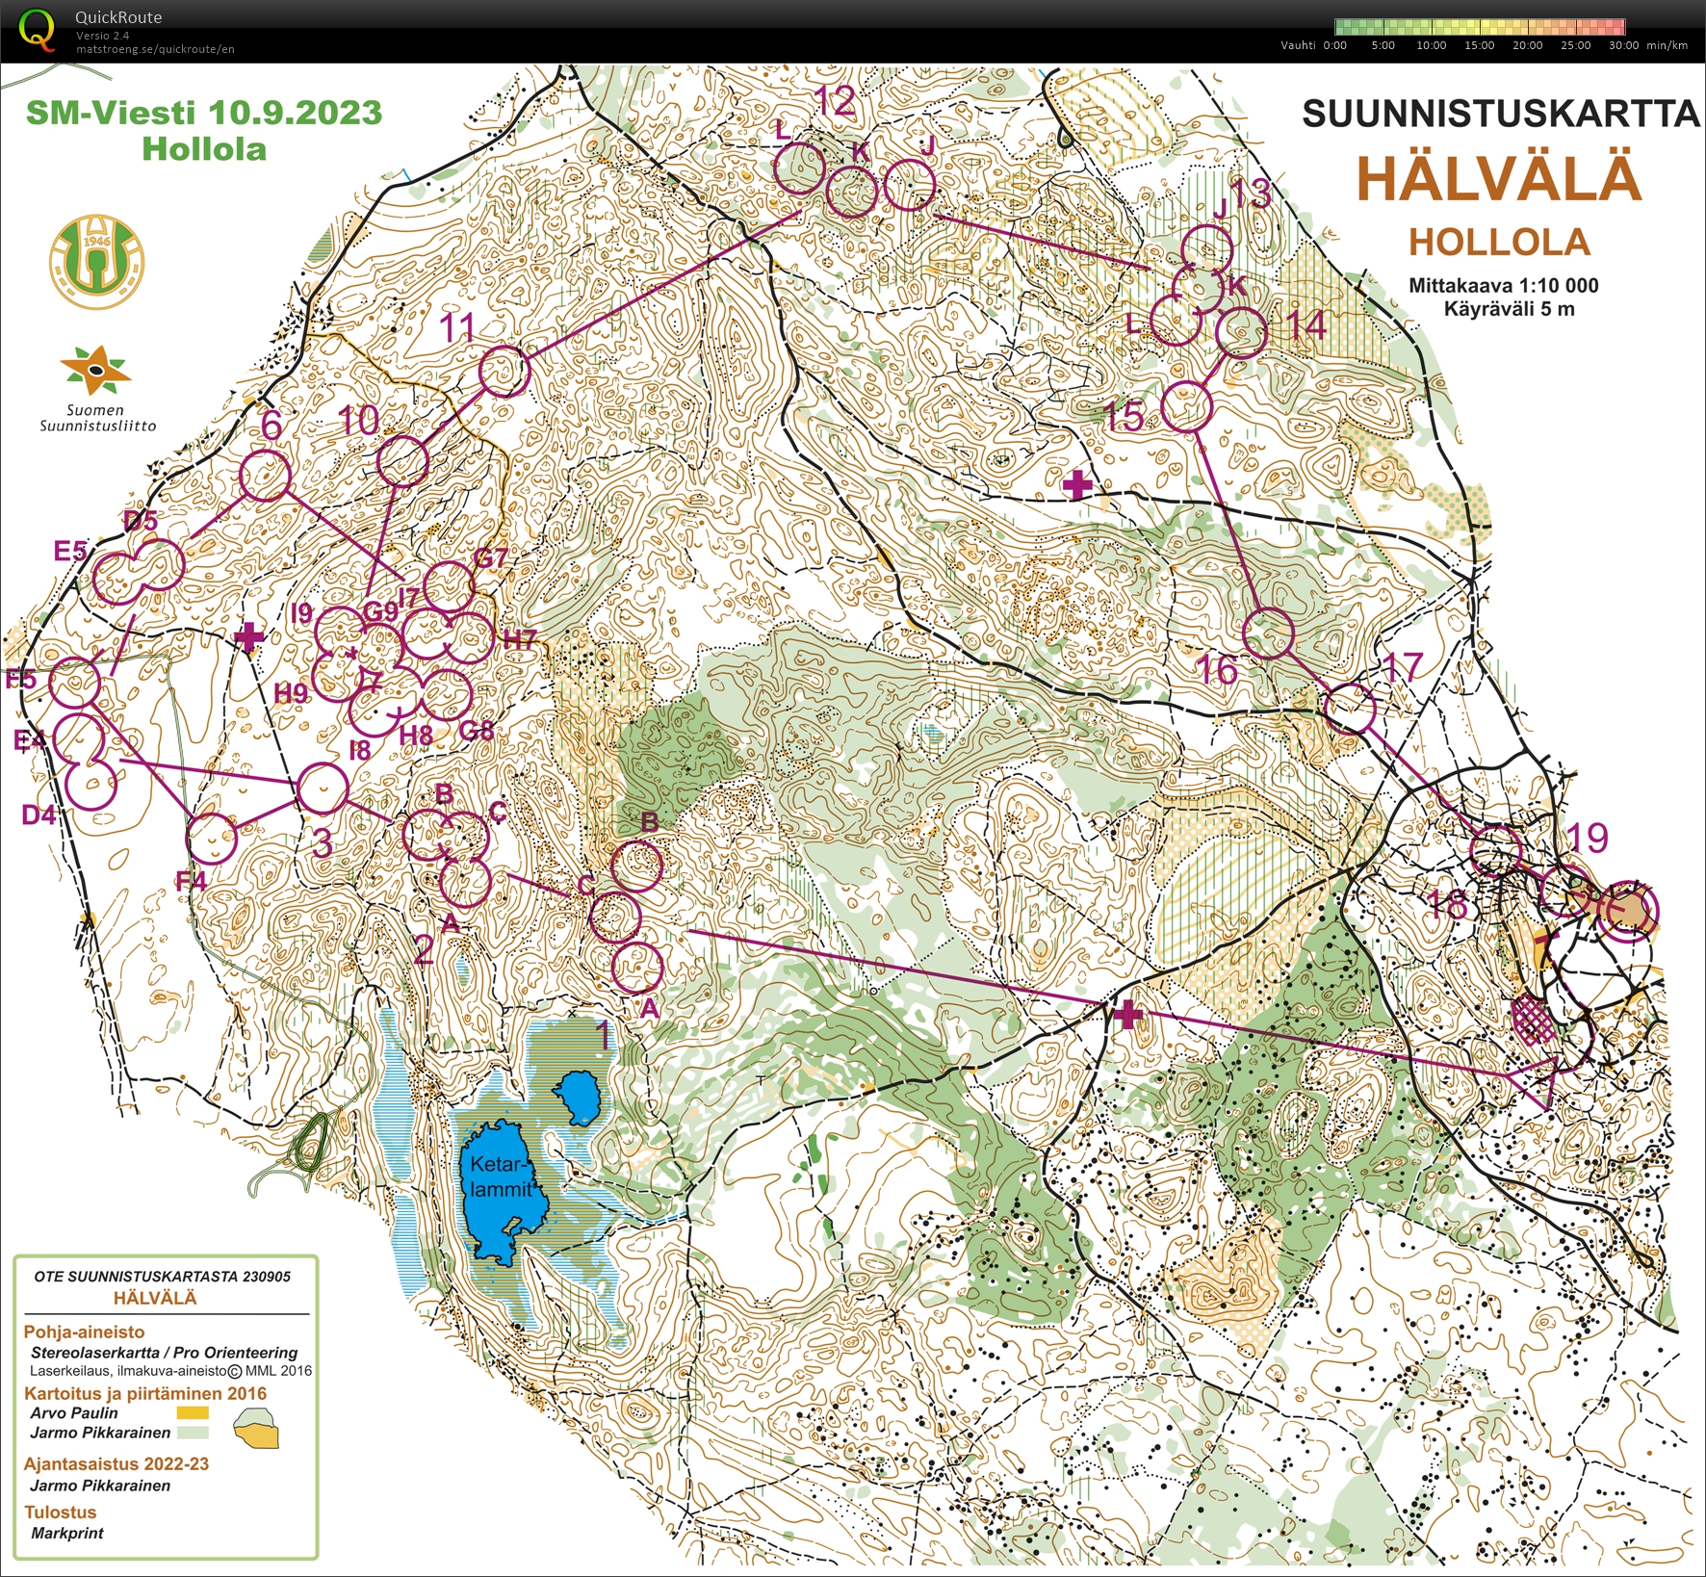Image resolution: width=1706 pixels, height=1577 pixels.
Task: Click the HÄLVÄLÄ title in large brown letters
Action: click(1498, 179)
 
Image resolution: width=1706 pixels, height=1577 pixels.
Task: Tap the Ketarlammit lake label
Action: click(501, 1176)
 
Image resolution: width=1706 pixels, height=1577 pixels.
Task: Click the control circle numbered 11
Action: click(504, 371)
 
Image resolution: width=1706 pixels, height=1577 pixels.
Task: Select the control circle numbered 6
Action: click(265, 476)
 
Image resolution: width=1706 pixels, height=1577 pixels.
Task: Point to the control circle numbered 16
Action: click(1269, 633)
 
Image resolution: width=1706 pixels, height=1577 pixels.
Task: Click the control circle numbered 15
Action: click(1185, 405)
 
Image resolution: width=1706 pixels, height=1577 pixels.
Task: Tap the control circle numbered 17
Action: click(1350, 709)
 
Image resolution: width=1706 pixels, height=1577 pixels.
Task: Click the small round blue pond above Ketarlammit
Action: click(579, 1099)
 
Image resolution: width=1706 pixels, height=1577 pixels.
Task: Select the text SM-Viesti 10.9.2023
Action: click(204, 113)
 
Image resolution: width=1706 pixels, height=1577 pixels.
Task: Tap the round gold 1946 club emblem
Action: click(96, 262)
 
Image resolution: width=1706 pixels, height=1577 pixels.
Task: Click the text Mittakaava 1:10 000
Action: click(1503, 285)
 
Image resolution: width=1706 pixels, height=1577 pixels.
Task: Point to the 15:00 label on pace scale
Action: click(1479, 45)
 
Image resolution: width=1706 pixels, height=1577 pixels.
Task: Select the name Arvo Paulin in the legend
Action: click(74, 1412)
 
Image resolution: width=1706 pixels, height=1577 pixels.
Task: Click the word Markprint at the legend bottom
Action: click(67, 1533)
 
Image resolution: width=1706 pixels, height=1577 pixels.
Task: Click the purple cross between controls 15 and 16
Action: click(1077, 484)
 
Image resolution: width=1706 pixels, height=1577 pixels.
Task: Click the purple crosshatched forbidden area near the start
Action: click(1533, 1020)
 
